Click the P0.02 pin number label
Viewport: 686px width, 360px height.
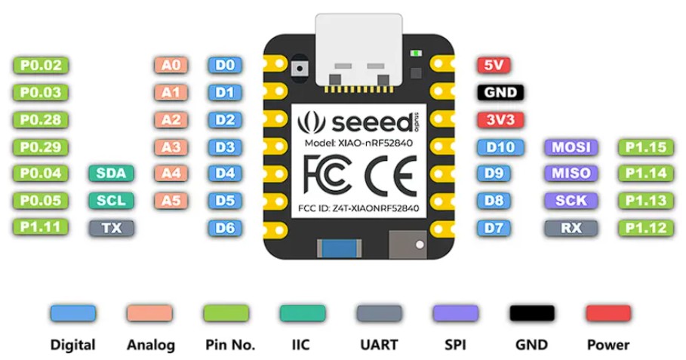pos(41,66)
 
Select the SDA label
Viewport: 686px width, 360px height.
pos(112,174)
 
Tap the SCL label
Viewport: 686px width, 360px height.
pos(112,201)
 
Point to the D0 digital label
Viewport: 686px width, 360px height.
pos(225,66)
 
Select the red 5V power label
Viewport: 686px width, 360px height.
pos(494,66)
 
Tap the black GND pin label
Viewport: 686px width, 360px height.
pos(500,93)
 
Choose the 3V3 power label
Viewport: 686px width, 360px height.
pos(500,120)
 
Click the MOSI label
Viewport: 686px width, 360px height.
pos(571,146)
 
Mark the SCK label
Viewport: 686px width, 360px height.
pos(571,201)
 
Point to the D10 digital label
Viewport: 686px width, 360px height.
pos(500,146)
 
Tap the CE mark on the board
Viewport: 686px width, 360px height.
pos(389,176)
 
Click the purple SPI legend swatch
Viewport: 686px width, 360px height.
pos(455,313)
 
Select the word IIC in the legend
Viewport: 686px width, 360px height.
pos(301,345)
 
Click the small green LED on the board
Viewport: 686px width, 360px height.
pos(415,53)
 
